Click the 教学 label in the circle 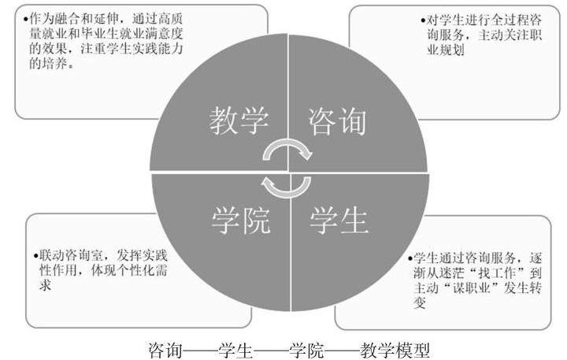click(239, 120)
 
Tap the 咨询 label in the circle click(338, 120)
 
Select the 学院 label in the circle click(240, 221)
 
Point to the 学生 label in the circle click(339, 221)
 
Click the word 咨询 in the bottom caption click(164, 348)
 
